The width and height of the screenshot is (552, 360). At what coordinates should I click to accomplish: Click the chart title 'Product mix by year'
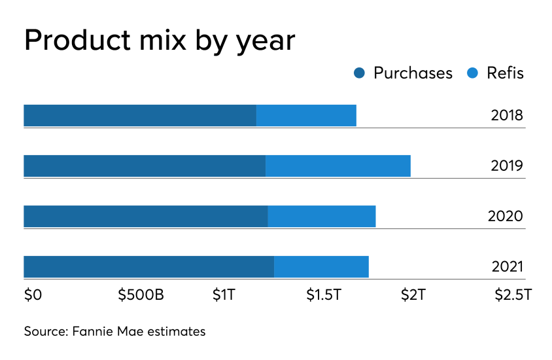coord(159,41)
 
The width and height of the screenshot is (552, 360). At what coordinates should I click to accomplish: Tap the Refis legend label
coord(505,73)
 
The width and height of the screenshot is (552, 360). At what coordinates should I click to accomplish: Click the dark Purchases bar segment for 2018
coord(139,115)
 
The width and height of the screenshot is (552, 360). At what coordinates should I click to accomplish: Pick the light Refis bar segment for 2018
coord(306,115)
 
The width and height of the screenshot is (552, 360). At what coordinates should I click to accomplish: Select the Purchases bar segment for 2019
coord(145,166)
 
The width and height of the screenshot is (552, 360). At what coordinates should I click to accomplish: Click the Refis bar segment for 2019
coord(338,166)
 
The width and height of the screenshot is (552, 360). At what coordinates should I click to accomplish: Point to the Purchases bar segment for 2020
coord(145,216)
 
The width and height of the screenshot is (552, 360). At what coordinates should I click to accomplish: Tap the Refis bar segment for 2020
coord(322,216)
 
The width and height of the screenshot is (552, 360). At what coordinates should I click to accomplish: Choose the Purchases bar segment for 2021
coord(148,266)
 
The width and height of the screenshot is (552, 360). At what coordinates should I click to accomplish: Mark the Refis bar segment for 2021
coord(321,266)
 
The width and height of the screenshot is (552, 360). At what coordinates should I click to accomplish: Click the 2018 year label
coord(507,116)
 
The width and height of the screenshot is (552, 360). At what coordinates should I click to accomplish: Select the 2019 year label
coord(507,166)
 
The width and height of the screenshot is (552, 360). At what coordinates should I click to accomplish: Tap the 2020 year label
coord(506,217)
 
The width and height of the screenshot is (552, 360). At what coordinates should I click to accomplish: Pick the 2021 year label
coord(507,267)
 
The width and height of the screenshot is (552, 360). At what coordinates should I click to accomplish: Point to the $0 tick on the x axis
coord(33,295)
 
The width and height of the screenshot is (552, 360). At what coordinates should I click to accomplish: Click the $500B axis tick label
coord(141,295)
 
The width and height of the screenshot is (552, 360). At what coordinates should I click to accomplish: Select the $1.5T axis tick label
coord(324,295)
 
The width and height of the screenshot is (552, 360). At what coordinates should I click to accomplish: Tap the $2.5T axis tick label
coord(513,295)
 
